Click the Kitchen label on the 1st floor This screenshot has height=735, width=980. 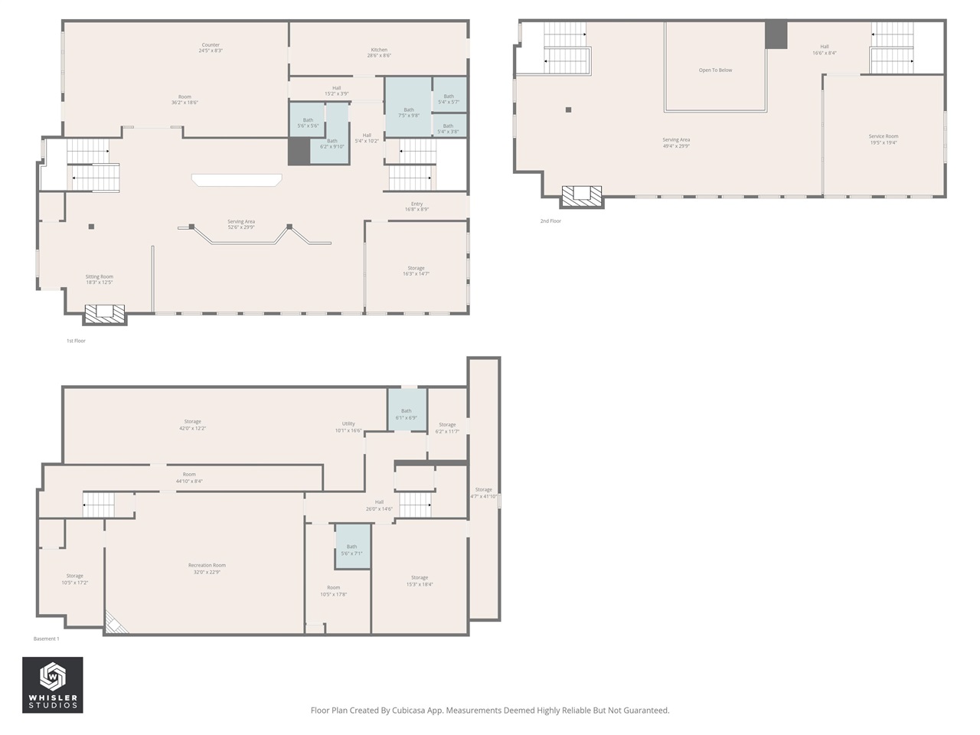379,53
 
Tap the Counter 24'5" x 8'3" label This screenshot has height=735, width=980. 210,47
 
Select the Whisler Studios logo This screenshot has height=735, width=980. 52,684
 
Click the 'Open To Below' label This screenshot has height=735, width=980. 715,70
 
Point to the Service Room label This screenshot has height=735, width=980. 883,139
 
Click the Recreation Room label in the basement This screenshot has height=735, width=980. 207,568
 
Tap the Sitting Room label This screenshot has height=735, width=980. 99,279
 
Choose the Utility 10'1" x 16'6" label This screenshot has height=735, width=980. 348,426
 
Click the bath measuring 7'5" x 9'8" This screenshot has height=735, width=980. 409,113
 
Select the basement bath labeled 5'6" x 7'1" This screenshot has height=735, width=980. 351,550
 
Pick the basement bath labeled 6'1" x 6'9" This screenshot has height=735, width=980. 406,414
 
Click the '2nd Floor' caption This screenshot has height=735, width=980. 550,221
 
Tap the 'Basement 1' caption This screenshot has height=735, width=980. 46,639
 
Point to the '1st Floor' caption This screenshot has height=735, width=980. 76,341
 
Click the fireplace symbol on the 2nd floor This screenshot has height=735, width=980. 583,196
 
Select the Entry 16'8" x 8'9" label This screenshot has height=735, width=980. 416,207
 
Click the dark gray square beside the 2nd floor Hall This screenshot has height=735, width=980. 776,35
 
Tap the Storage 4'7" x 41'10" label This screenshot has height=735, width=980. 484,492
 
